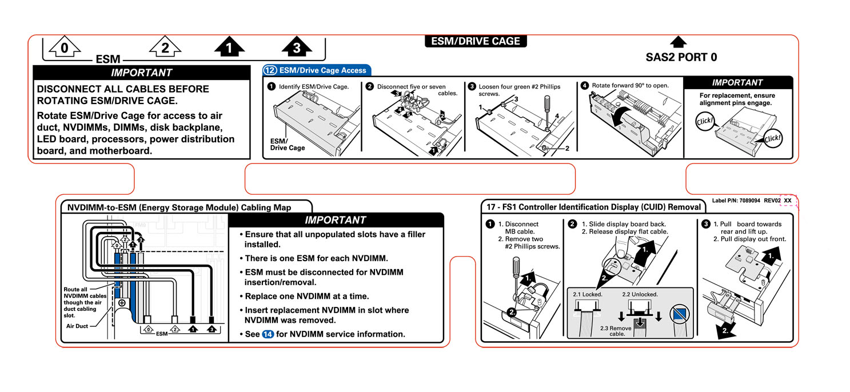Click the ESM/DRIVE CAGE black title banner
point(476,41)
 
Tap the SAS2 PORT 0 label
point(681,57)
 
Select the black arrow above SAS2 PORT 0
point(678,42)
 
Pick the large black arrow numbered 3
point(296,48)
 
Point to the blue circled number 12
point(270,70)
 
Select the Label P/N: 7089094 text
point(737,201)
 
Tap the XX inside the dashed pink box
point(788,201)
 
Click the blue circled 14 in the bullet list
point(268,334)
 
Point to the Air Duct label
point(78,326)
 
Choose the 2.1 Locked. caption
point(588,294)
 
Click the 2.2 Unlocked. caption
point(640,294)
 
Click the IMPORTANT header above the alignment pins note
point(737,83)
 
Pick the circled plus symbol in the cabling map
point(122,303)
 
